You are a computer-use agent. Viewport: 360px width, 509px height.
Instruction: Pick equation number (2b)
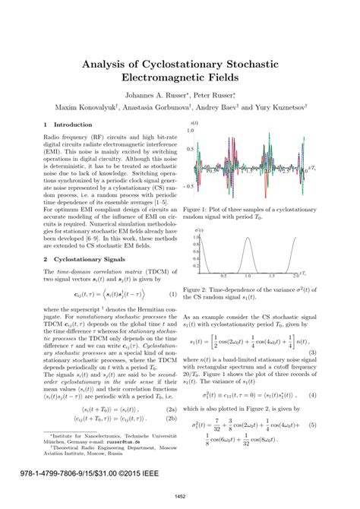[172, 418]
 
